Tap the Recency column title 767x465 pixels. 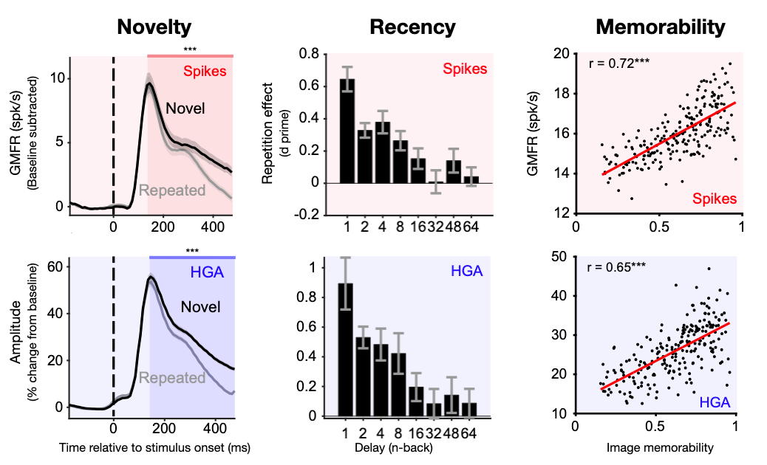[x=413, y=27]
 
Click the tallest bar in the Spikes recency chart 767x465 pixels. [x=346, y=131]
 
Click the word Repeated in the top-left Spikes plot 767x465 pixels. [x=173, y=190]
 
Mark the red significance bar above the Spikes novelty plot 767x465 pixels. [x=191, y=55]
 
